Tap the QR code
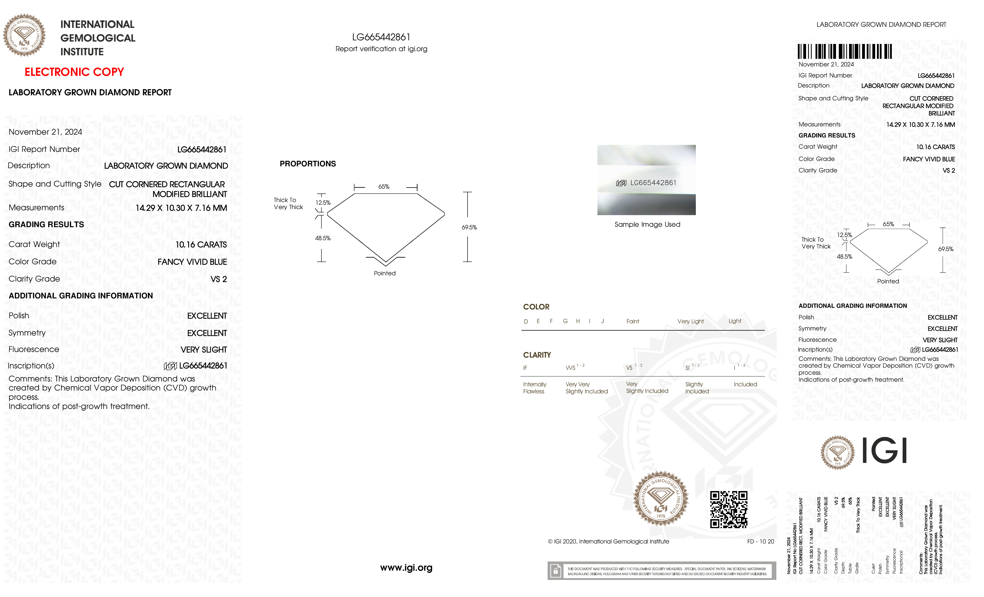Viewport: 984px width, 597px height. (728, 509)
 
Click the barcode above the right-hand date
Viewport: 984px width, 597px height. (845, 52)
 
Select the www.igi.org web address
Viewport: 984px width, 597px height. (406, 568)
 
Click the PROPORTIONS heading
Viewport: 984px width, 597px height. (307, 164)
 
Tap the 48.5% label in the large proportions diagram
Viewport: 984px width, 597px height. (323, 238)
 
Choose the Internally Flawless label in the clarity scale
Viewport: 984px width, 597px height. (534, 387)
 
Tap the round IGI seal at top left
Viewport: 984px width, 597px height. (24, 35)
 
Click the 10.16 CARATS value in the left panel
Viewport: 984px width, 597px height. (201, 245)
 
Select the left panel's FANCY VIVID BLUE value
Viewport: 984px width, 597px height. (192, 262)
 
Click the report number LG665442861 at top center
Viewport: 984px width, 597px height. (381, 37)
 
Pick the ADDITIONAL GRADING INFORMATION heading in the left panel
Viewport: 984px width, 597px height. (81, 296)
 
